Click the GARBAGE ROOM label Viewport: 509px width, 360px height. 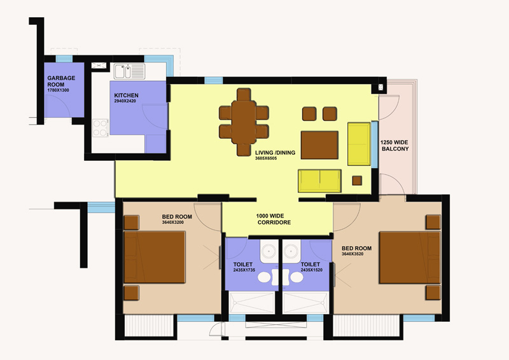pyautogui.click(x=61, y=81)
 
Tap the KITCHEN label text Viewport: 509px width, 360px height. pyautogui.click(x=126, y=95)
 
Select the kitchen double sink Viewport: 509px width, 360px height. pyautogui.click(x=129, y=71)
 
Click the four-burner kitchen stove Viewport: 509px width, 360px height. pyautogui.click(x=101, y=128)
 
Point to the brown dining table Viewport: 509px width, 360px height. pyautogui.click(x=244, y=122)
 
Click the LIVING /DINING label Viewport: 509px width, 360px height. pyautogui.click(x=275, y=153)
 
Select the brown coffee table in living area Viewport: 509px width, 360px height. pyautogui.click(x=319, y=145)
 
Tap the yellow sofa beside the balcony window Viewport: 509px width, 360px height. pyautogui.click(x=359, y=144)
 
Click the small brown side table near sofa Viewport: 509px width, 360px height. pyautogui.click(x=357, y=181)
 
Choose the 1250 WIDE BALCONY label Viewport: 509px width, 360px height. pyautogui.click(x=394, y=146)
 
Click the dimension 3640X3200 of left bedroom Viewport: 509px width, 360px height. pyautogui.click(x=172, y=223)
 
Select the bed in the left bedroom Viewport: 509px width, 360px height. pyautogui.click(x=155, y=257)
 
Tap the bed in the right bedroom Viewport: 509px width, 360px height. pyautogui.click(x=410, y=258)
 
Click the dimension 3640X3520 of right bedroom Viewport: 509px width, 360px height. pyautogui.click(x=352, y=254)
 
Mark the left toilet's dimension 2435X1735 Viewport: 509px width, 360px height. pyautogui.click(x=244, y=270)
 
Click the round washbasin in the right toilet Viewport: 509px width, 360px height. pyautogui.click(x=291, y=251)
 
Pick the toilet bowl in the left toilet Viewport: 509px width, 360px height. pyautogui.click(x=266, y=277)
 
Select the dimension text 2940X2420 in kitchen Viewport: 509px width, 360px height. pyautogui.click(x=125, y=101)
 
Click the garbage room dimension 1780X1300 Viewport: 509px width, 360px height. pyautogui.click(x=58, y=90)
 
